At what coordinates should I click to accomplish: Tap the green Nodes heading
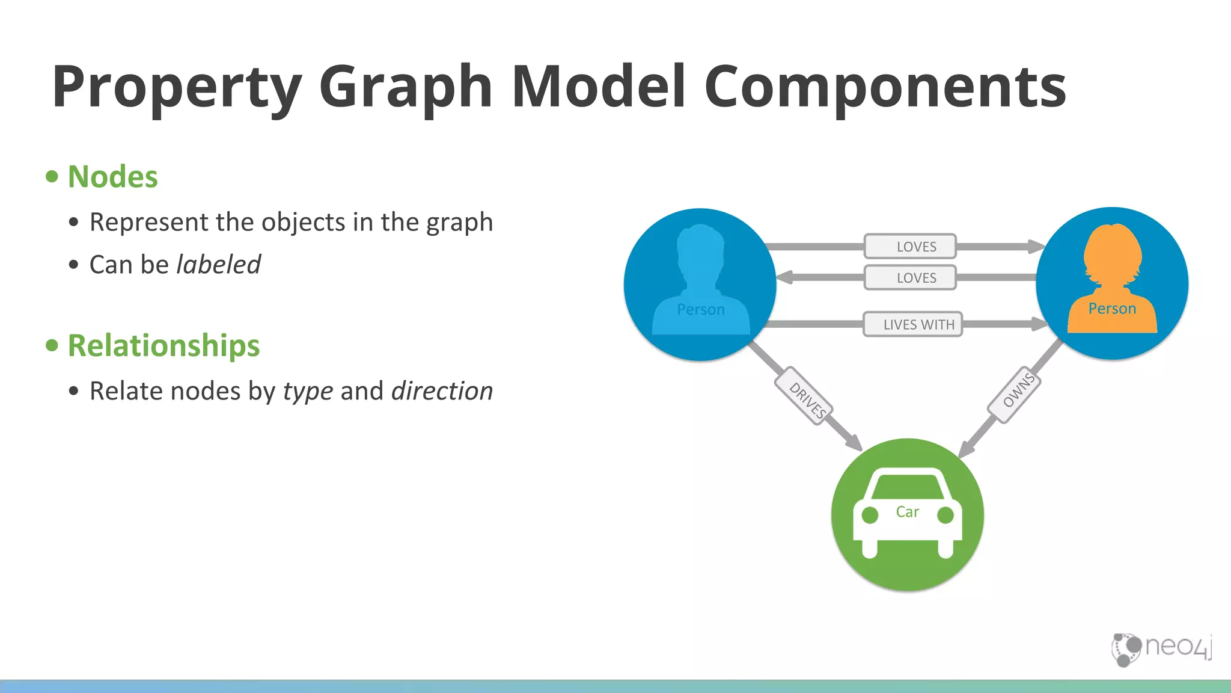click(113, 177)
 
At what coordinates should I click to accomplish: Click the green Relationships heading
click(163, 346)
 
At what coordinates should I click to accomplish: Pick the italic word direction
click(442, 391)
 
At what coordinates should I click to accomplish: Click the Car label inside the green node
click(907, 512)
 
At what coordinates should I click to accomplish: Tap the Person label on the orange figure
click(1112, 309)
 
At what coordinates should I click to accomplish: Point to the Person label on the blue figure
click(700, 310)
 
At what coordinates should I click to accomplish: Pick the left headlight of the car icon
click(870, 516)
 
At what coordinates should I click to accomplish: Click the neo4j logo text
click(1178, 646)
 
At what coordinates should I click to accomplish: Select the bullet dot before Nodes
click(52, 177)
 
